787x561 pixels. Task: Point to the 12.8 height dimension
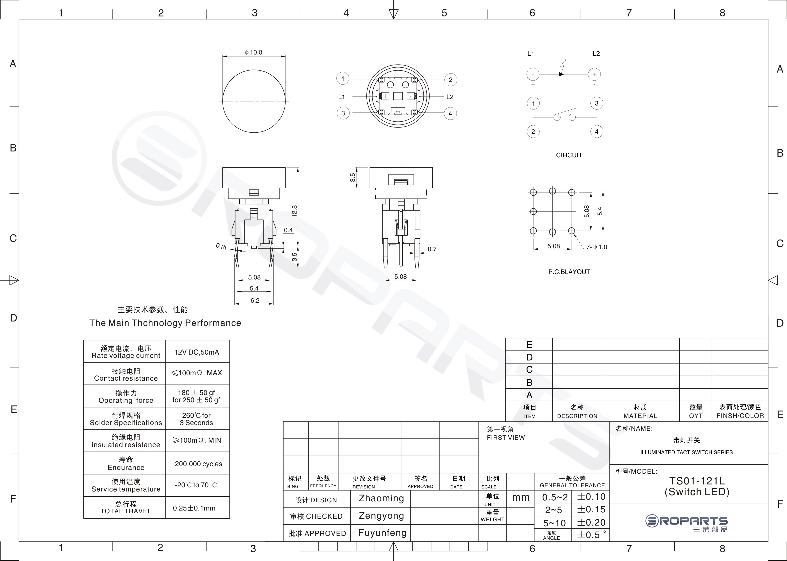click(294, 211)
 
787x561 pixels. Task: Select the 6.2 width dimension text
click(255, 301)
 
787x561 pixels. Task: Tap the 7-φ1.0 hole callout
click(597, 247)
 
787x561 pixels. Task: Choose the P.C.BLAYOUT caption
click(569, 272)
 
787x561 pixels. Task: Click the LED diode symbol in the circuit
click(561, 74)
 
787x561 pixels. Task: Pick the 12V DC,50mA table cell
click(197, 352)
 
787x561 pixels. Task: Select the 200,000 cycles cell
click(198, 464)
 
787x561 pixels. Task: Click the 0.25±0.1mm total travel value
click(194, 508)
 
